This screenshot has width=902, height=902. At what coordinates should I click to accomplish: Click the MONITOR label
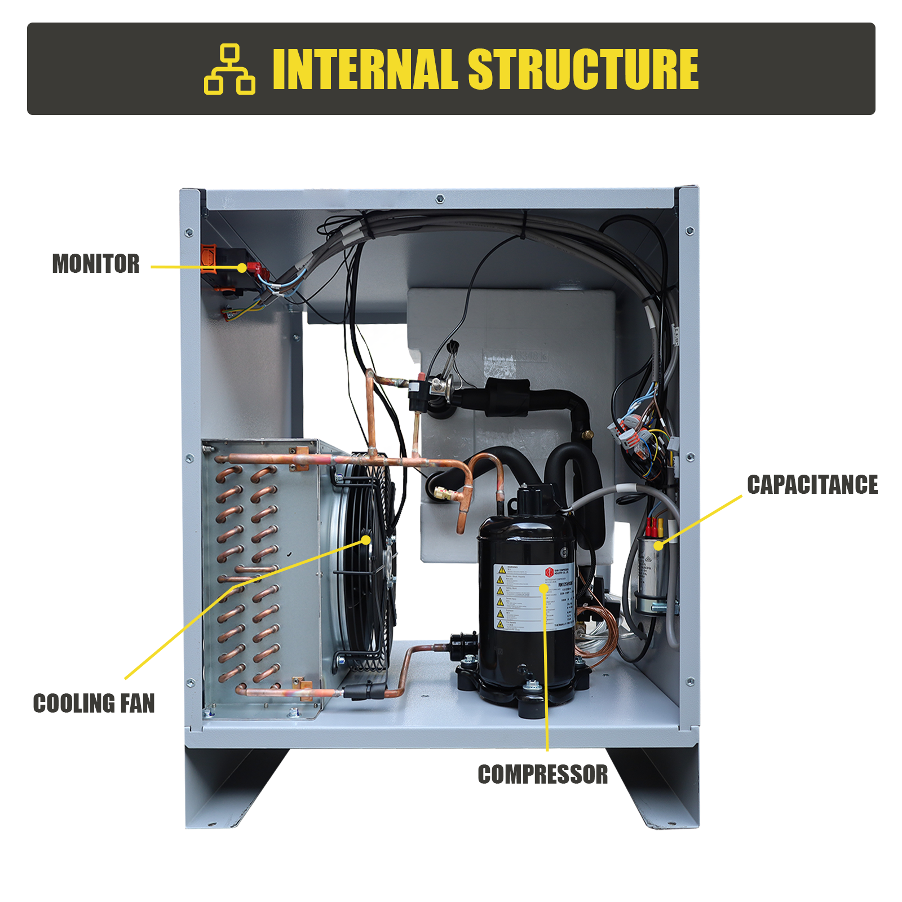(96, 264)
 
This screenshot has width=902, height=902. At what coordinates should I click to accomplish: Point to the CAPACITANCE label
(812, 485)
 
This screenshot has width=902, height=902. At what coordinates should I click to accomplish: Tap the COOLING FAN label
(94, 704)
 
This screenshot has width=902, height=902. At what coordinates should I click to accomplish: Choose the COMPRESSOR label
(543, 775)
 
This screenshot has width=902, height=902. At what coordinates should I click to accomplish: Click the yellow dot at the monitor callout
(242, 268)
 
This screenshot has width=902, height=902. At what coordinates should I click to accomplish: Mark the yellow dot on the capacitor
(658, 545)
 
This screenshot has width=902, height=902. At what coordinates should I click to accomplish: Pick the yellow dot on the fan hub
(366, 540)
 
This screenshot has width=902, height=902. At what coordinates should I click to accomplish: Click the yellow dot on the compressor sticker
(543, 588)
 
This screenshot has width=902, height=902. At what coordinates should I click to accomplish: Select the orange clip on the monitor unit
(209, 257)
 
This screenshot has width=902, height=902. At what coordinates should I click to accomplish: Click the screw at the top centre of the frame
(440, 198)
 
